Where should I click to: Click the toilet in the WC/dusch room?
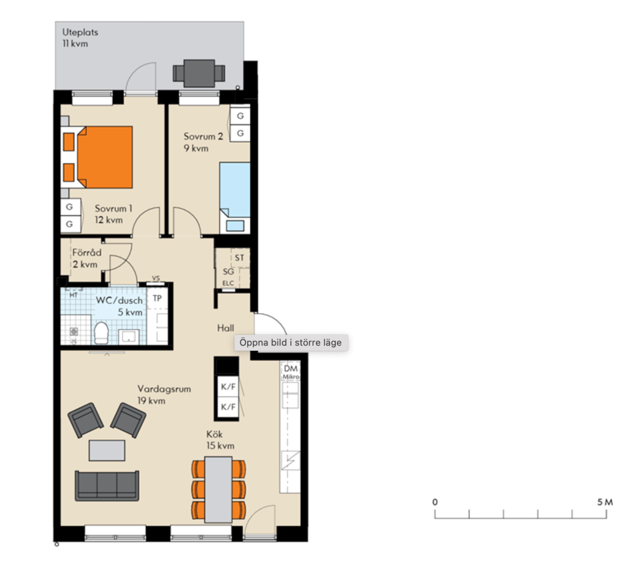click(101, 333)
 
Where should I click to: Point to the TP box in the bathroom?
click(157, 298)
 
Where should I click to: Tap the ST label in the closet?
click(239, 258)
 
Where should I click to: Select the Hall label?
click(225, 328)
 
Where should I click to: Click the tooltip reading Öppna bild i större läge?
click(291, 342)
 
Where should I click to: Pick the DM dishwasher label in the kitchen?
click(291, 369)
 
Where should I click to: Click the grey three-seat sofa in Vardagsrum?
click(107, 486)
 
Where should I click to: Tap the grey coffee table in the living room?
click(107, 450)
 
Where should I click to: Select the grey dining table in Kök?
click(218, 489)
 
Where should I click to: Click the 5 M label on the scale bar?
click(605, 502)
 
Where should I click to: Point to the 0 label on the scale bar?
click(435, 502)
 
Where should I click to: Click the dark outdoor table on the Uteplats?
click(199, 73)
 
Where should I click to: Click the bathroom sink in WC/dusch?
click(129, 337)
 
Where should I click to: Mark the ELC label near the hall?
click(228, 283)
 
